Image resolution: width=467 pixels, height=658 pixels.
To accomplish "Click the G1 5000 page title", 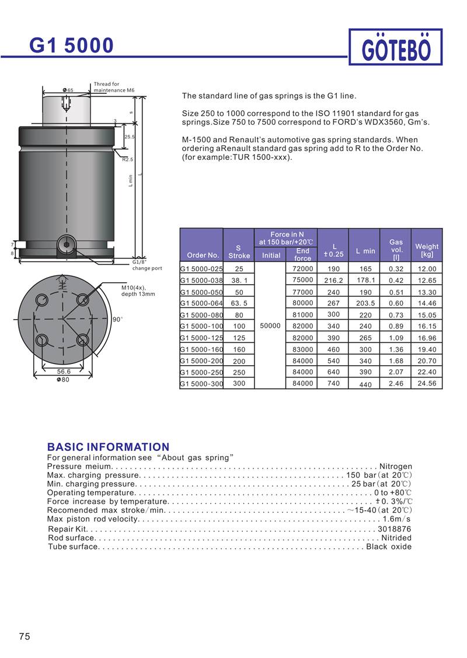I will tap(71, 45).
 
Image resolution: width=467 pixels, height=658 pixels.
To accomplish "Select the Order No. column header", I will tap(203, 255).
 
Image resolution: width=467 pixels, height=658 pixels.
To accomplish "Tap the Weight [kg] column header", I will tap(427, 250).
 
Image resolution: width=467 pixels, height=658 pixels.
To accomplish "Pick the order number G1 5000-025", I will tap(201, 269).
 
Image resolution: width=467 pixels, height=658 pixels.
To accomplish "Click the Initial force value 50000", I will tap(271, 325).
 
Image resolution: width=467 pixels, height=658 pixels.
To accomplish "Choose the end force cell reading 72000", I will tap(303, 268).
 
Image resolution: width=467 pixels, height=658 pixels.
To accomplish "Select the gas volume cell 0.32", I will tap(396, 269).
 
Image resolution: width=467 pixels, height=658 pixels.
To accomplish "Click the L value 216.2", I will tap(333, 281).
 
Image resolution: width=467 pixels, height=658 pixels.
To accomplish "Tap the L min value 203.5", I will tap(365, 303).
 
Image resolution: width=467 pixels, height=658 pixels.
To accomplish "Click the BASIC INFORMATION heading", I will tap(108, 447).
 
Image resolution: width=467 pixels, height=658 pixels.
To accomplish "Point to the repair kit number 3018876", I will tap(395, 529).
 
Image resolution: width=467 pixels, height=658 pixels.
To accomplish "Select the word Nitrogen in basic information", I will tap(396, 467).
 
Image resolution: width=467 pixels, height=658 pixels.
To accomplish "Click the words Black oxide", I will tap(389, 547).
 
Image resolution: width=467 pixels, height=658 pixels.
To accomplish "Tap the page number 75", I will tap(25, 636).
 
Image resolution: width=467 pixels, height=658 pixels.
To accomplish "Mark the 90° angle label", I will tap(117, 320).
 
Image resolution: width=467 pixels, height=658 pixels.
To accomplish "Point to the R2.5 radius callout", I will tap(128, 159).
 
